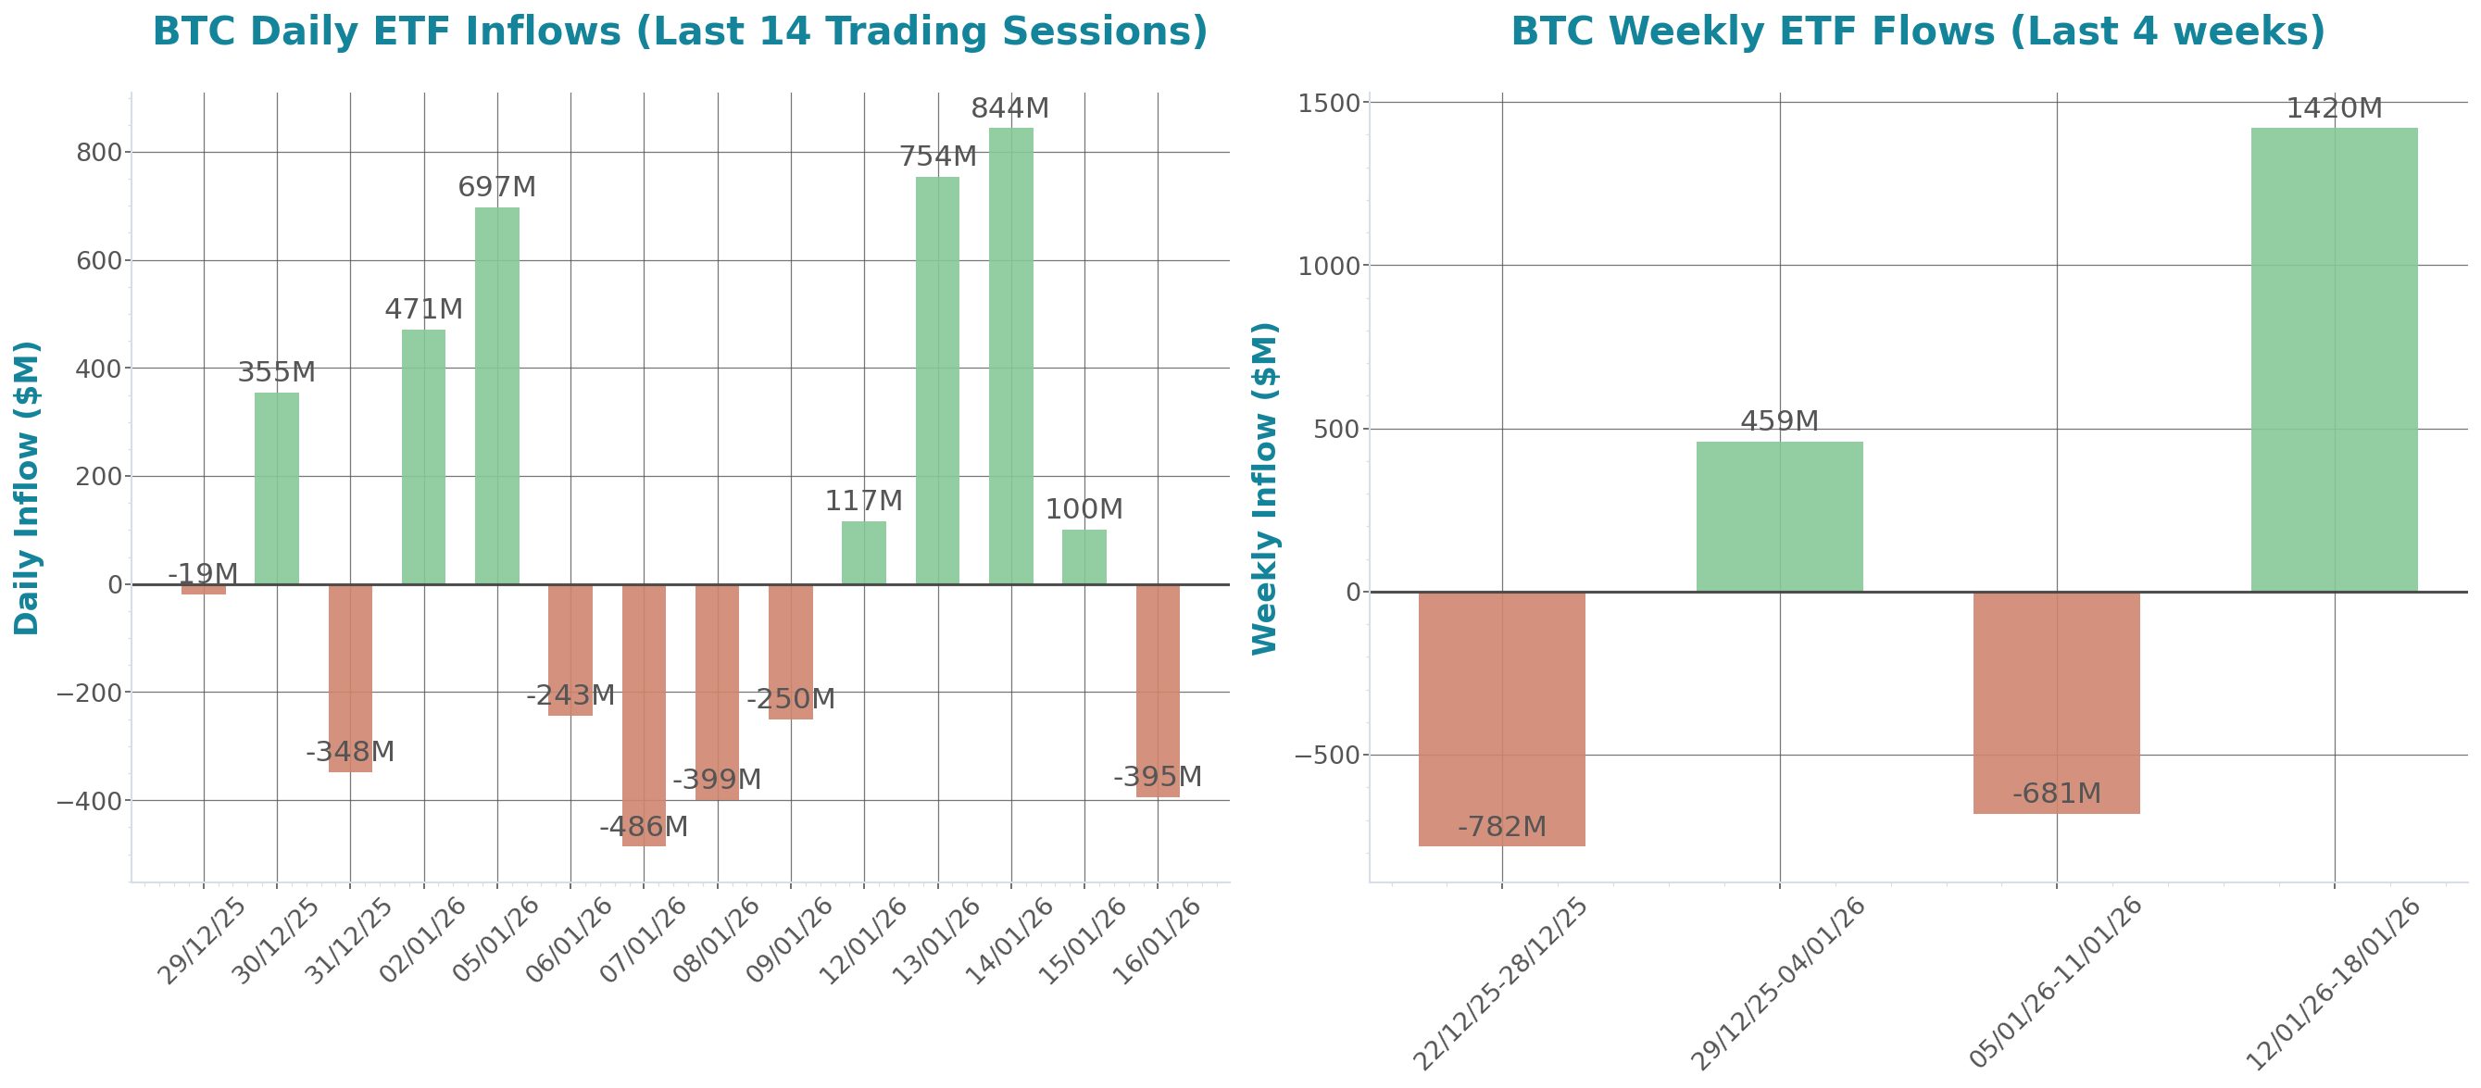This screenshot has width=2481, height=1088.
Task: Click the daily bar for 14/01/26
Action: tap(1010, 356)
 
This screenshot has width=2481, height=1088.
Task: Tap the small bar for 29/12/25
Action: tap(203, 589)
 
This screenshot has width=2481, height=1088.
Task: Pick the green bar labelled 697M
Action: tap(497, 394)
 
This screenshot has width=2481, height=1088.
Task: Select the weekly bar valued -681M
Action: tap(2056, 703)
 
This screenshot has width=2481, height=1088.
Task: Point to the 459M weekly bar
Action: tap(1779, 516)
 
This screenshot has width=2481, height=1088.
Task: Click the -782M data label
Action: tap(1501, 827)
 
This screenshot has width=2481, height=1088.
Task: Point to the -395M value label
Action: tap(1157, 777)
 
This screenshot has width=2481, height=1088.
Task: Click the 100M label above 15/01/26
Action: tap(1084, 509)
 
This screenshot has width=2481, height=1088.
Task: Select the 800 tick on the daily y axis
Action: tap(98, 152)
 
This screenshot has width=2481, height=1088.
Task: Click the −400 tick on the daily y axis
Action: tap(89, 801)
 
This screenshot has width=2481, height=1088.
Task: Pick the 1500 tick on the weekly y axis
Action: tap(1328, 103)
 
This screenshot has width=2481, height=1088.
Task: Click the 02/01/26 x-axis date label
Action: tap(422, 941)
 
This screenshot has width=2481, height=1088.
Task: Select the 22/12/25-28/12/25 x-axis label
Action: tap(1499, 983)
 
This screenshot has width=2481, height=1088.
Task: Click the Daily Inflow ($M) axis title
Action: tap(26, 487)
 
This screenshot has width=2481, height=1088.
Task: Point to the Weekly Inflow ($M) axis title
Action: tap(1262, 487)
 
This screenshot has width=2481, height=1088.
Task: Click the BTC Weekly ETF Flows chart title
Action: tap(1917, 31)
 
